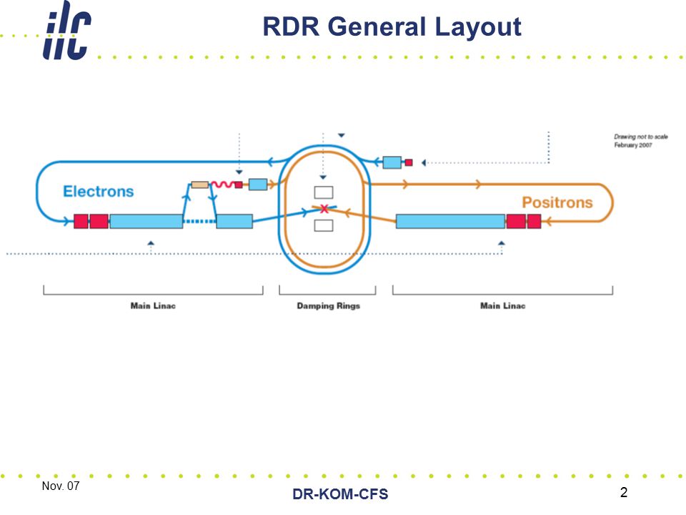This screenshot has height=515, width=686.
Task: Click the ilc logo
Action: click(67, 31)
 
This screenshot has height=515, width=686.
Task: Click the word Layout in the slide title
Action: click(478, 27)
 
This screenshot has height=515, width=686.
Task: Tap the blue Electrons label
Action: click(99, 192)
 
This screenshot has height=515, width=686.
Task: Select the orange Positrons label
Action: click(557, 202)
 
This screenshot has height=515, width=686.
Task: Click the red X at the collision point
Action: click(324, 209)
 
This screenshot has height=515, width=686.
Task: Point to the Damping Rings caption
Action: click(329, 305)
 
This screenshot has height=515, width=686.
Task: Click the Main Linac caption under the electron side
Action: click(153, 305)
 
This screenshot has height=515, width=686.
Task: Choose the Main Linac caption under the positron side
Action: click(502, 305)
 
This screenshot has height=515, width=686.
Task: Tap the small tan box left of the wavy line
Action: click(200, 185)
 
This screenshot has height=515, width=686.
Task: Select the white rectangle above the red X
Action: click(324, 192)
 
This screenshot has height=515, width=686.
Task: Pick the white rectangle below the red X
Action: click(324, 225)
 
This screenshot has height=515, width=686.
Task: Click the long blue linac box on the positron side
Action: click(451, 221)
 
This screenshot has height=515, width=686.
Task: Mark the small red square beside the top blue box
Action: click(409, 162)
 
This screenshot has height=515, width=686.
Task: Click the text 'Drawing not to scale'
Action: click(641, 137)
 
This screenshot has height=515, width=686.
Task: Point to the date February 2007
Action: click(633, 145)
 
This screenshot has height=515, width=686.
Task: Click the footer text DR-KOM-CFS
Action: click(340, 494)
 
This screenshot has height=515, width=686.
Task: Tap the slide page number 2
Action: click(624, 492)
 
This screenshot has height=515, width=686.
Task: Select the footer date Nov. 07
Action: click(61, 486)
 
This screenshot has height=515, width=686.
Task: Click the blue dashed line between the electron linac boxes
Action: click(199, 222)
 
